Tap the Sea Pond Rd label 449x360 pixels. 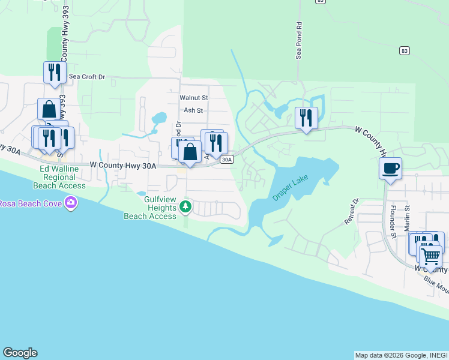coord(298,41)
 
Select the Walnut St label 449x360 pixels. coord(193,97)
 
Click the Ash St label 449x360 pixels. coord(193,110)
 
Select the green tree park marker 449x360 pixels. coord(186,208)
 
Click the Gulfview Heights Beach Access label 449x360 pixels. coord(150,208)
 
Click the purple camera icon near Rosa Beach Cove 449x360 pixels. coord(71,202)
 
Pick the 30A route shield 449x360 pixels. coord(226,159)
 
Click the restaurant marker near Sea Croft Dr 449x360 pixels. coord(55,73)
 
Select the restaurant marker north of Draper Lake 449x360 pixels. coord(306,117)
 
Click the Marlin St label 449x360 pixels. coord(407,215)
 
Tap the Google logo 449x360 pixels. coord(20,353)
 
